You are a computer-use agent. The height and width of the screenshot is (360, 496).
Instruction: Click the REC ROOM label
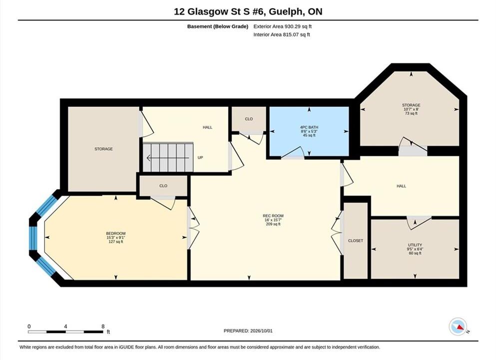tap(273, 216)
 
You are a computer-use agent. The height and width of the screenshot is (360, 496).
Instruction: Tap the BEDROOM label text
tap(116, 233)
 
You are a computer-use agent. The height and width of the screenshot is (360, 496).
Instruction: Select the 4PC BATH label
tap(309, 127)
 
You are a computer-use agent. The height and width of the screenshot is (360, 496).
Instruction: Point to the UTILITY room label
tap(415, 245)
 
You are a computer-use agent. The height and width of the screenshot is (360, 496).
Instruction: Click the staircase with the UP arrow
tap(168, 157)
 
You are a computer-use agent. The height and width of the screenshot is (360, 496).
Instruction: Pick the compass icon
tap(458, 326)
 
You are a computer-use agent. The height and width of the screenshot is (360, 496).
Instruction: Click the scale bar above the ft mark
tap(65, 332)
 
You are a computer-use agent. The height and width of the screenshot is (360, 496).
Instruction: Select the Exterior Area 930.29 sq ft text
tap(283, 26)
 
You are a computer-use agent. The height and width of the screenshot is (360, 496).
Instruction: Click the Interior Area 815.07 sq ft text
tap(282, 35)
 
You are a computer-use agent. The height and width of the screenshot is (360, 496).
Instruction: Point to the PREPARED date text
tap(248, 331)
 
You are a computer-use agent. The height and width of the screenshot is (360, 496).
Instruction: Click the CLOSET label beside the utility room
tap(356, 240)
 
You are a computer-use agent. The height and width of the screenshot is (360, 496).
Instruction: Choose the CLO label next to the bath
tap(249, 119)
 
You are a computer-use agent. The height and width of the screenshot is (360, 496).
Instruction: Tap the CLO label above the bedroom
tap(163, 186)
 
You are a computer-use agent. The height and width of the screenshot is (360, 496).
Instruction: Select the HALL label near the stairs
tap(207, 127)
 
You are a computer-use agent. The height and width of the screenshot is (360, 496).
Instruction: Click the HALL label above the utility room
tap(401, 186)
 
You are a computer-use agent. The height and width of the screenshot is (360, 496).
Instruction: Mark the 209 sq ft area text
tap(273, 224)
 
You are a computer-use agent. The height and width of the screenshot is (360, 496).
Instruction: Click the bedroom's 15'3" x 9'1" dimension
tap(116, 238)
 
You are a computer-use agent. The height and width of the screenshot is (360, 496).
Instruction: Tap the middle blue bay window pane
tap(33, 238)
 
